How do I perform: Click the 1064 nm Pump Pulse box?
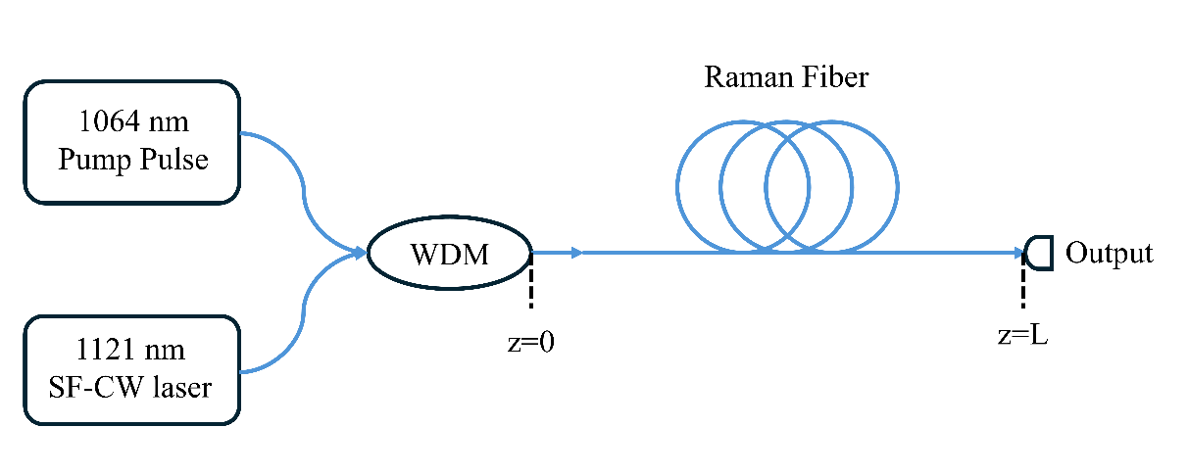[131, 142]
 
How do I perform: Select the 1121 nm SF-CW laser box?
[131, 369]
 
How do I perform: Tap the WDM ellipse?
[449, 254]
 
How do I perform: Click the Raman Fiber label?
[786, 77]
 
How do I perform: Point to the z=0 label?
[531, 342]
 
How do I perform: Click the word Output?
[1110, 254]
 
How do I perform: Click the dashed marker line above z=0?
[531, 284]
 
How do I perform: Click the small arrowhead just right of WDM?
[576, 254]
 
